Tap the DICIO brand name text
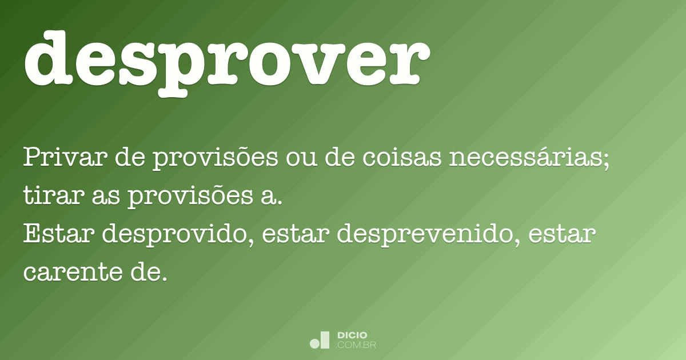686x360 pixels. [x=353, y=335]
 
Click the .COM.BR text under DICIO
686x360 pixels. [x=356, y=345]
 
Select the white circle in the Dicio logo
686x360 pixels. [x=314, y=343]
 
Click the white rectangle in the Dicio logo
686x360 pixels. [x=325, y=339]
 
